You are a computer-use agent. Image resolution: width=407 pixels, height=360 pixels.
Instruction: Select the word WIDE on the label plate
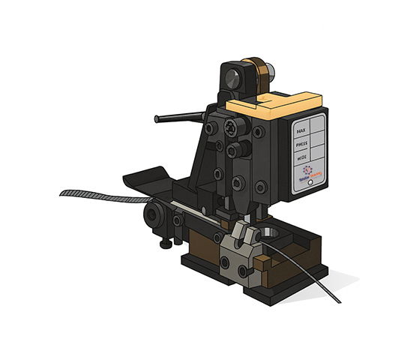click(302, 158)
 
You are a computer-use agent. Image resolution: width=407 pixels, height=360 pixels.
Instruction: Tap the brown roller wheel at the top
click(259, 76)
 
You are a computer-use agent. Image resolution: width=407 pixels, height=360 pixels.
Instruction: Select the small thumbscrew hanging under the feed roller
click(164, 245)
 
